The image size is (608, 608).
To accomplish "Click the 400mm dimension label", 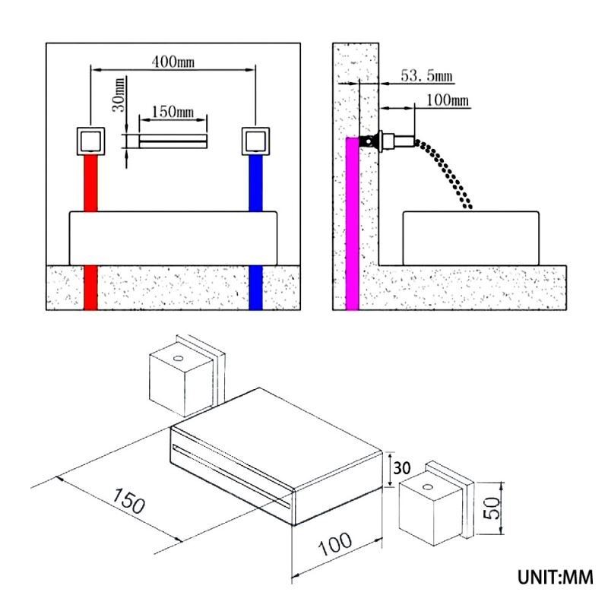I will [173, 61].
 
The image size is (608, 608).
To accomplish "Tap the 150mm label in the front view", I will [173, 112].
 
